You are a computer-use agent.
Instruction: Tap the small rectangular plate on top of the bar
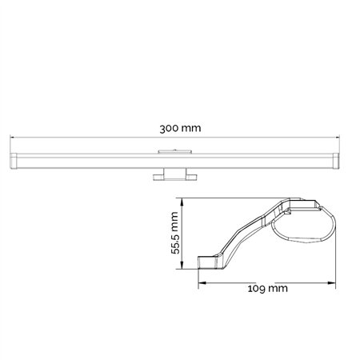[x=174, y=150]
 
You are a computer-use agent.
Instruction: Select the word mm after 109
[x=278, y=288]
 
